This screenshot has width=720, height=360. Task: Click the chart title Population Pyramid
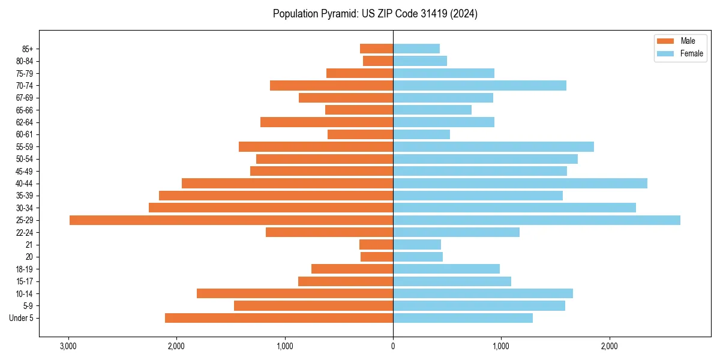[375, 14]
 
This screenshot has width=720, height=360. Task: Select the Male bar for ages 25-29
[231, 220]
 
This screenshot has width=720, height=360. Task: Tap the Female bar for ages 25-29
[536, 220]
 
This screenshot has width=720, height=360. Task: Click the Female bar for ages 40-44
[520, 184]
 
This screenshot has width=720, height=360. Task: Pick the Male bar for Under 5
[279, 318]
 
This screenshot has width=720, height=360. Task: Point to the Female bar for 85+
[416, 49]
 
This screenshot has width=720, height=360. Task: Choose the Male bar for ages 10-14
[295, 293]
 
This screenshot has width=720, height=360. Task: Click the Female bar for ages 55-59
[493, 147]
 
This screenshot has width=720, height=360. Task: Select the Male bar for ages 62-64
[326, 122]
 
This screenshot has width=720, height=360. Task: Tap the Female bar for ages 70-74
[479, 85]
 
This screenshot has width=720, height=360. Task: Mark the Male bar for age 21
[376, 245]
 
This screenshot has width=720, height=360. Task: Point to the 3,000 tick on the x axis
[68, 346]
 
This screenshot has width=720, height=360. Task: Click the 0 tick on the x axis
[393, 346]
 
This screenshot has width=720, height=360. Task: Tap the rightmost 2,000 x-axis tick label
[609, 346]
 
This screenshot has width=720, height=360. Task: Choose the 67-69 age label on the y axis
[25, 98]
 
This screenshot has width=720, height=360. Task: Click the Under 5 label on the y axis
[22, 318]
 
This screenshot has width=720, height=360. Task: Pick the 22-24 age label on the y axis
[25, 233]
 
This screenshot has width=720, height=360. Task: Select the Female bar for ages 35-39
[478, 196]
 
